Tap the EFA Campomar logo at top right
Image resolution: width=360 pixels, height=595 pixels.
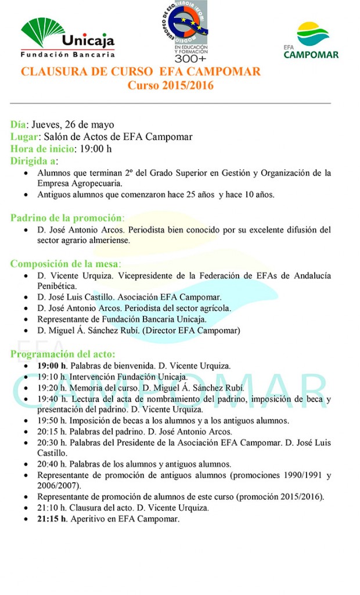[x=311, y=40]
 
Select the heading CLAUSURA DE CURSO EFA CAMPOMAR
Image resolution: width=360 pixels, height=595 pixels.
[x=141, y=72]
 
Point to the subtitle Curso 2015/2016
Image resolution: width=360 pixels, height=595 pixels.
[x=171, y=85]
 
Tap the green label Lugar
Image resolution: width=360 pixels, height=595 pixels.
[x=24, y=137]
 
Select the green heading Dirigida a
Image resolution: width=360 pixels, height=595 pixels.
[x=33, y=161]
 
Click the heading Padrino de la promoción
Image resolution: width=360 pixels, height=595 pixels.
[x=67, y=218]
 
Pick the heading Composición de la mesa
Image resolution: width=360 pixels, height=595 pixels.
[x=65, y=263]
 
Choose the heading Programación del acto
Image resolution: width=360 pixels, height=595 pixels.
[x=63, y=354]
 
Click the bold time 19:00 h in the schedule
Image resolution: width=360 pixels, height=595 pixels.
[x=52, y=366]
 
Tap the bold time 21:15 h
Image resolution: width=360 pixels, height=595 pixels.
[x=52, y=519]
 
